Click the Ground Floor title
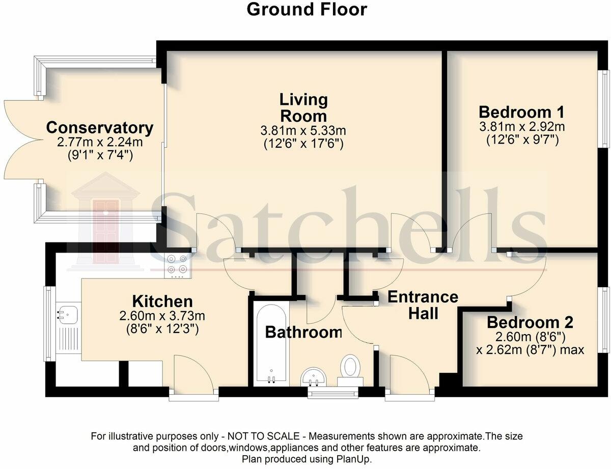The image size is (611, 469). click(x=307, y=9)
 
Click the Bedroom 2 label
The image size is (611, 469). click(x=530, y=322)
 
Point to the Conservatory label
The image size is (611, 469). click(x=100, y=127)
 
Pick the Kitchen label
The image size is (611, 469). click(x=162, y=301)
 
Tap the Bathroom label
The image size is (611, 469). click(x=303, y=333)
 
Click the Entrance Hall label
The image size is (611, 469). click(x=423, y=305)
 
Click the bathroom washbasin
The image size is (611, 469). click(x=314, y=376)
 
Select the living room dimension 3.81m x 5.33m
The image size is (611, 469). click(x=303, y=131)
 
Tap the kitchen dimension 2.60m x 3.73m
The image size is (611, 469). click(x=162, y=316)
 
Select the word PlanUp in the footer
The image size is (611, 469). click(x=355, y=459)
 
